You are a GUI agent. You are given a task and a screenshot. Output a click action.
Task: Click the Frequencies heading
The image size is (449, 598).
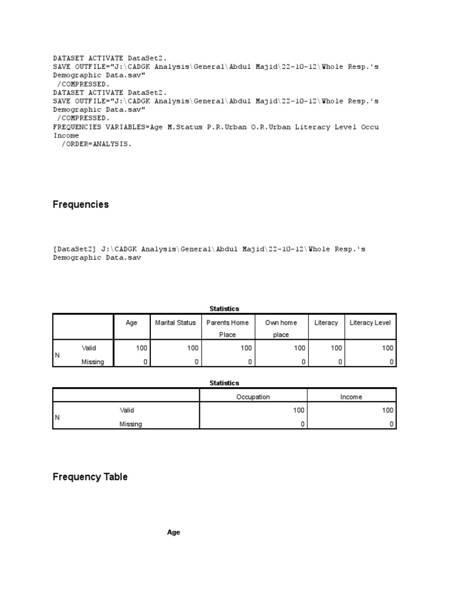81,205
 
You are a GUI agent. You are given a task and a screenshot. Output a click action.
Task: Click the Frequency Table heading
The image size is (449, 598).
90,477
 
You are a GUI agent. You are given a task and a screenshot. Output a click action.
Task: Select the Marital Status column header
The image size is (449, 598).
175,322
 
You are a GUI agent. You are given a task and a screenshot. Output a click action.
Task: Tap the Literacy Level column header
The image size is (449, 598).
369,322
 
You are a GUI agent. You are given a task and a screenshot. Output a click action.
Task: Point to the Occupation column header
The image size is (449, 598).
253,397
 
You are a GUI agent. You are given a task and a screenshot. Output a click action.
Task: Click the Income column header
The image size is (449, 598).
351,397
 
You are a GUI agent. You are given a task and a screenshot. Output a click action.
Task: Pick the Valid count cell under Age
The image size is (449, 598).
141,348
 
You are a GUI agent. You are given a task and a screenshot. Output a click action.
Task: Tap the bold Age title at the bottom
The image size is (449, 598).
174,533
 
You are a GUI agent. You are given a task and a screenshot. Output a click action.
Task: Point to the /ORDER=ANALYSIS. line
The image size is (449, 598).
96,144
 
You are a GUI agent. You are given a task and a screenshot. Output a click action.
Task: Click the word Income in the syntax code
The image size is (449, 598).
66,135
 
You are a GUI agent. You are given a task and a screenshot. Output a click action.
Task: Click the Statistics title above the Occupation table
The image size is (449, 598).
224,383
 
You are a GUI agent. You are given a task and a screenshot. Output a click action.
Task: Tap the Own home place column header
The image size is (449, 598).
281,328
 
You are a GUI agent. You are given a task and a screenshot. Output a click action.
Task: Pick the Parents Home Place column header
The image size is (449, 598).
227,328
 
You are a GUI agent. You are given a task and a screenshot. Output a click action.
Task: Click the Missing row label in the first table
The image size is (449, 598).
92,362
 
